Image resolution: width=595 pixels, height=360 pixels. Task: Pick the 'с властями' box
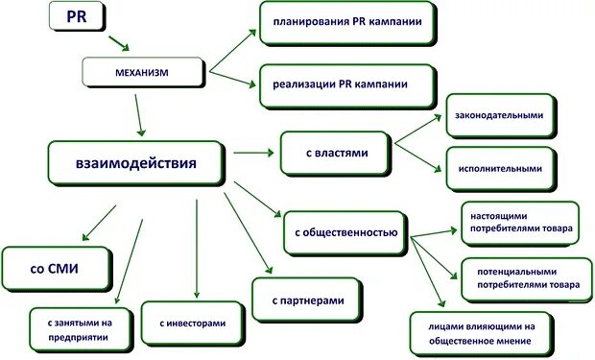(x=336, y=152)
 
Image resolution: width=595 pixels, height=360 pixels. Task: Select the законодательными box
(x=500, y=115)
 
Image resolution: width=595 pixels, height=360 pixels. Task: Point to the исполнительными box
(x=500, y=168)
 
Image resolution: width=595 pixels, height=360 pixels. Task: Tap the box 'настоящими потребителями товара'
(x=519, y=223)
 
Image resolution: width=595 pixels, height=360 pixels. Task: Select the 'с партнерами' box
(x=307, y=301)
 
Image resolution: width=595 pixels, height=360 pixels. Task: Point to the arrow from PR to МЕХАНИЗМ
(x=120, y=44)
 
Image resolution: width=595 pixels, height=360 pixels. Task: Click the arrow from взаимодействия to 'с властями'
(x=251, y=152)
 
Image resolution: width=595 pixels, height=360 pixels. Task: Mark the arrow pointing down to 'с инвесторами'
(x=196, y=250)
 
